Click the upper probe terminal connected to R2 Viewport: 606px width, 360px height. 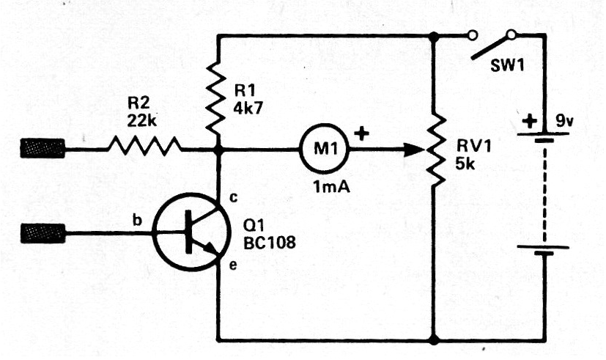point(43,151)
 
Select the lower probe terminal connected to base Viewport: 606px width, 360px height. point(43,235)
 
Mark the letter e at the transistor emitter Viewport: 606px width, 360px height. point(234,265)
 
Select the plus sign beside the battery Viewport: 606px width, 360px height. point(527,120)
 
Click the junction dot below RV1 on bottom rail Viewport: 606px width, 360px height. point(435,340)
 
